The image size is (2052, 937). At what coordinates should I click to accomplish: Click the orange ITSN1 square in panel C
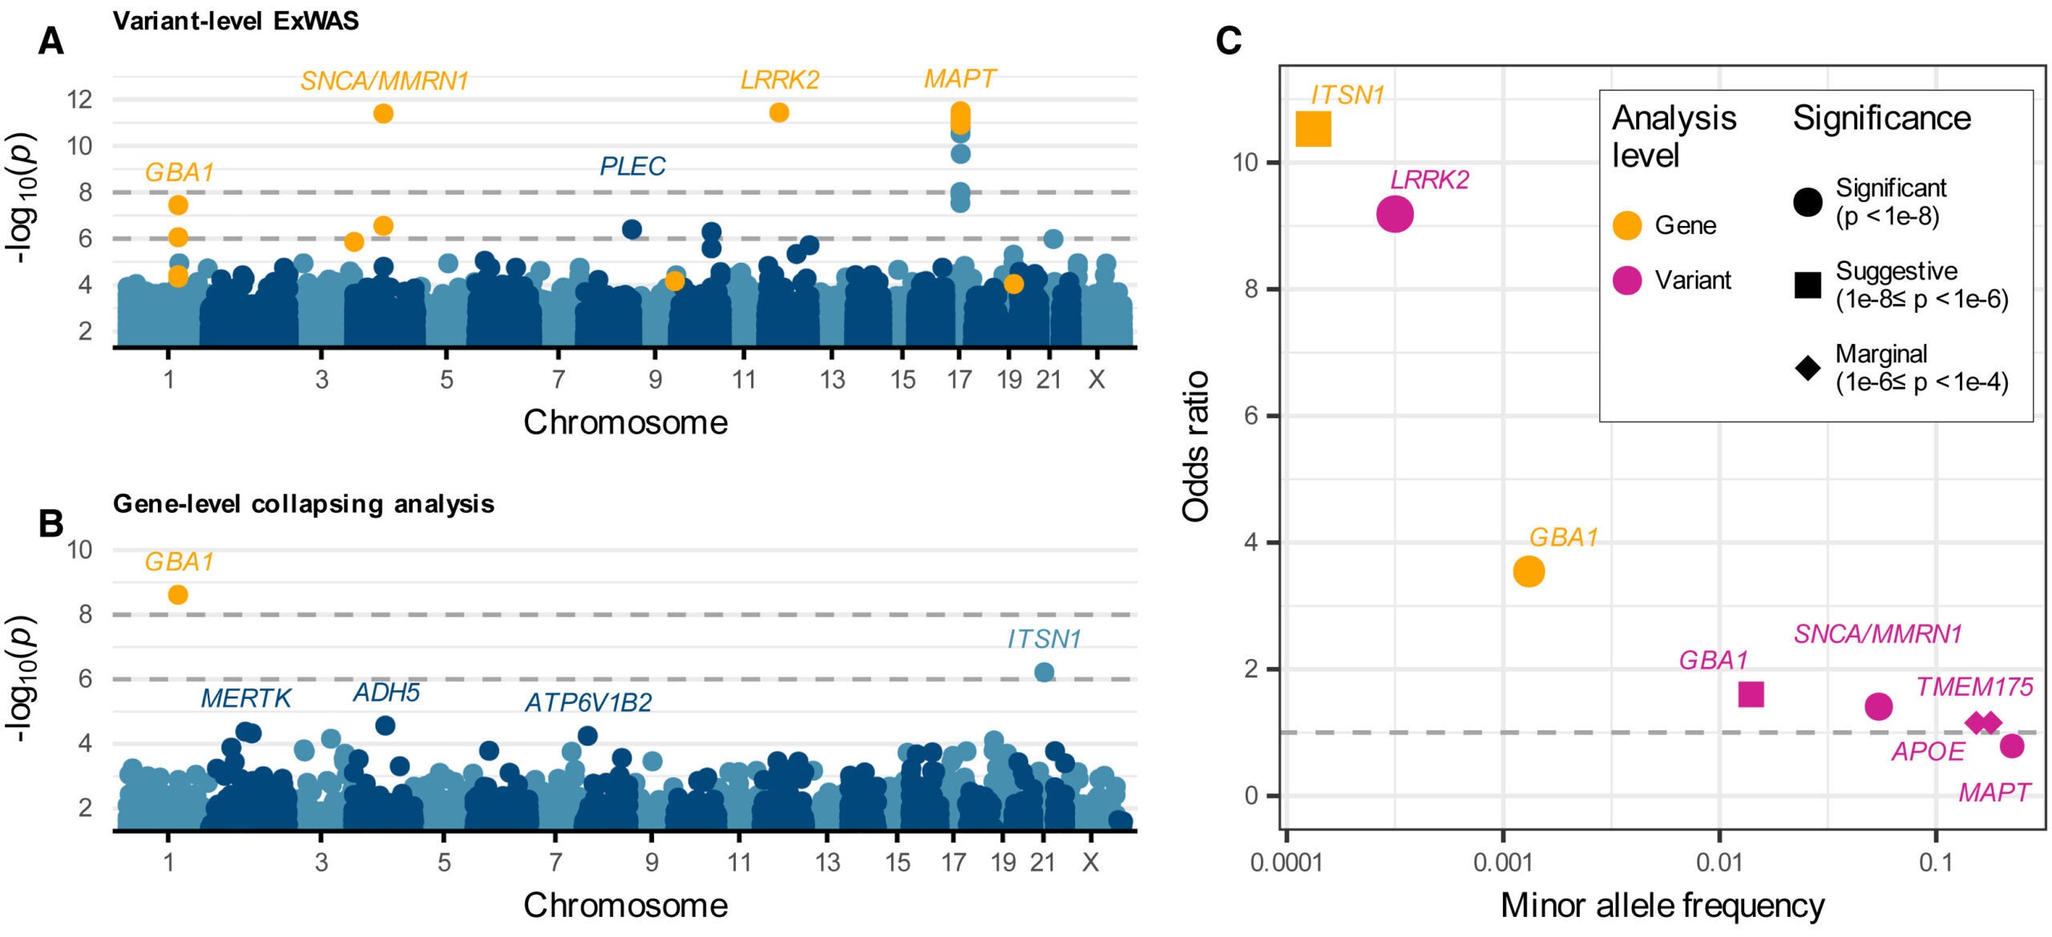[x=1314, y=129]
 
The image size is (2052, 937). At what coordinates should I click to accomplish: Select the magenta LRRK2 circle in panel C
[x=1395, y=214]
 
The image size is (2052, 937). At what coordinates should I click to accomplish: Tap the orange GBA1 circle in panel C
[x=1529, y=571]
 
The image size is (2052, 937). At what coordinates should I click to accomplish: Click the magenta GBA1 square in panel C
[x=1751, y=694]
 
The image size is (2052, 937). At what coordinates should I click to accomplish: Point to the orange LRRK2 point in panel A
[x=779, y=112]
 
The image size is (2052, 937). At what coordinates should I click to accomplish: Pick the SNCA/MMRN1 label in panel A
[x=384, y=81]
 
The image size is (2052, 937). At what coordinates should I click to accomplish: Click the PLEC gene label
[x=632, y=166]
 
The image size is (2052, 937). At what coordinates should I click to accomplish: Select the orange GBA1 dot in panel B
[x=178, y=595]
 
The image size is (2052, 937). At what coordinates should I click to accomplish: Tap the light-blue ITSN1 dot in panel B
[x=1044, y=672]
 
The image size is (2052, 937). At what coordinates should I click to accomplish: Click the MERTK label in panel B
[x=245, y=698]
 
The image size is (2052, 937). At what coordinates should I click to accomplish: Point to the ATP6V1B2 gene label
[x=588, y=703]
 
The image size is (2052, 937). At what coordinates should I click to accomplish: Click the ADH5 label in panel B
[x=386, y=692]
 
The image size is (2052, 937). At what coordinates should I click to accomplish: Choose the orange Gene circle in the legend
[x=1627, y=225]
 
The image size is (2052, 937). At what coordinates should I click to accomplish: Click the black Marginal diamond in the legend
[x=1808, y=367]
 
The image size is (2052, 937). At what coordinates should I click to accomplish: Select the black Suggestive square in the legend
[x=1808, y=285]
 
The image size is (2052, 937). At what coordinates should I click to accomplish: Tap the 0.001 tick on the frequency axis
[x=1503, y=863]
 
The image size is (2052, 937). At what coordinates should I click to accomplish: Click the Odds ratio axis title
[x=1196, y=446]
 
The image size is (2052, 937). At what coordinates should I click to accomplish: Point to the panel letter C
[x=1229, y=40]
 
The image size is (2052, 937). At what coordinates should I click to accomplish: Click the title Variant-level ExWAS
[x=236, y=21]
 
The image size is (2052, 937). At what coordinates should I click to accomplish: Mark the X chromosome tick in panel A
[x=1097, y=379]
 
